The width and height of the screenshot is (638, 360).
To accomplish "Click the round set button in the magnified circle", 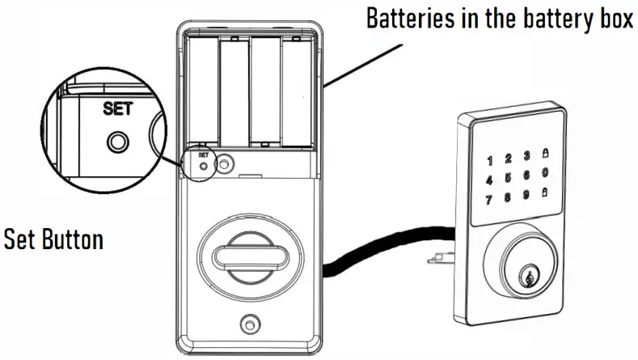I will coord(117,142).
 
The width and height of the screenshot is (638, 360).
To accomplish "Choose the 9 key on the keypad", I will coord(526,193).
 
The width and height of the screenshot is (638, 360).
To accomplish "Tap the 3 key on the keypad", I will coord(526,155).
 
